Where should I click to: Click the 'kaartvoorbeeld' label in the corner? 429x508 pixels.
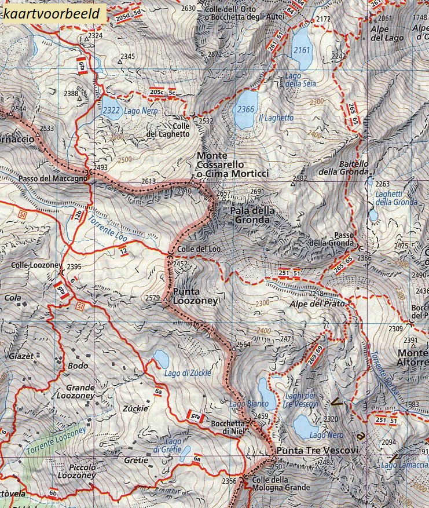coord(54,12)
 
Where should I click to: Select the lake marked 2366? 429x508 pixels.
coord(245,109)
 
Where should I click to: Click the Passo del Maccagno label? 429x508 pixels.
coord(52,178)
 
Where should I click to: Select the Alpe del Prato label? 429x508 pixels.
coord(317,304)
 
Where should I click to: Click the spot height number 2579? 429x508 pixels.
coord(152,298)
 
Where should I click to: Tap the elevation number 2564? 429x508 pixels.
coord(243,345)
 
